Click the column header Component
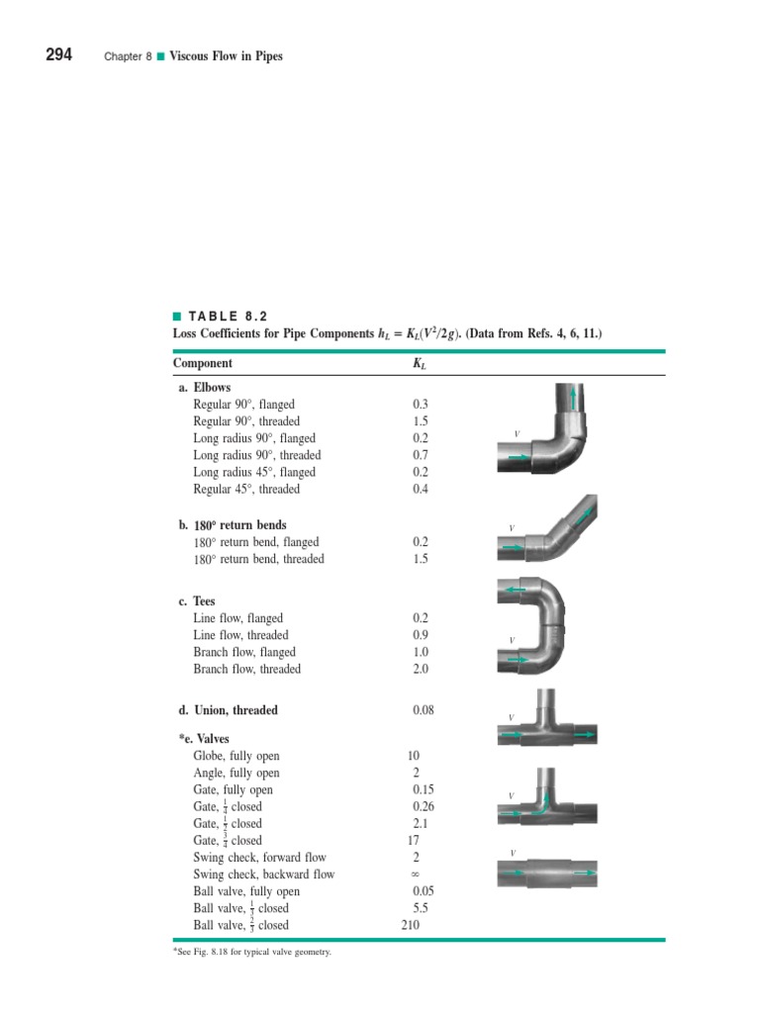[x=203, y=363]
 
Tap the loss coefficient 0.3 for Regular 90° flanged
[x=422, y=405]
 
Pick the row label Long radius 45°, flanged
[x=254, y=472]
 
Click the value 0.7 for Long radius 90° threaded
[x=422, y=455]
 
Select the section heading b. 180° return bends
[x=233, y=525]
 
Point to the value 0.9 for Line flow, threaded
[x=422, y=635]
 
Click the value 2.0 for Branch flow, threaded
[x=422, y=669]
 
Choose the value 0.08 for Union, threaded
[x=423, y=710]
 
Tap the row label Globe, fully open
[x=237, y=756]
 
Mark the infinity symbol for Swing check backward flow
[x=416, y=875]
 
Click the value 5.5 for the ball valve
[x=422, y=908]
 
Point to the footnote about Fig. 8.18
[x=251, y=954]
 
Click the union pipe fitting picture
[x=546, y=874]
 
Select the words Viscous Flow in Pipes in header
[x=227, y=56]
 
